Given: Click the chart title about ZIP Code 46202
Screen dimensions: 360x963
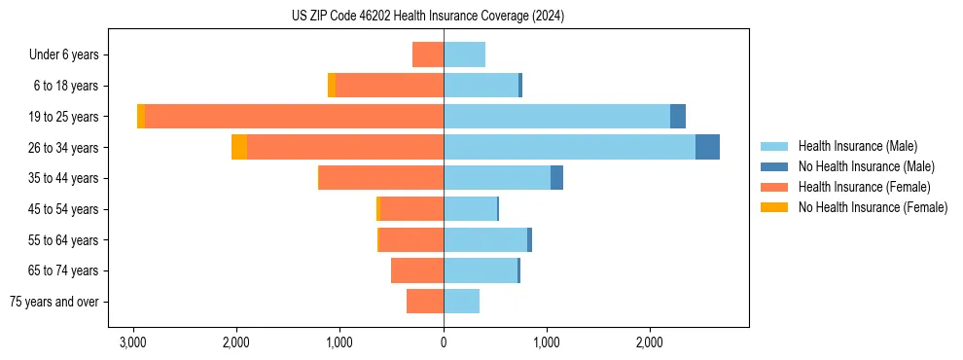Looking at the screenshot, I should coord(427,17).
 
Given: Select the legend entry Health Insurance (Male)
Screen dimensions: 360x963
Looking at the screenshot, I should coord(857,146).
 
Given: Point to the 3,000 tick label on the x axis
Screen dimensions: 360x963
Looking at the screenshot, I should coord(133,342).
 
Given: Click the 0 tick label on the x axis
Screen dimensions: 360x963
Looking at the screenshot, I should coord(444,342).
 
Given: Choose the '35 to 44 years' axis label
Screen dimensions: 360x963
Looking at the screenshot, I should coord(64,178).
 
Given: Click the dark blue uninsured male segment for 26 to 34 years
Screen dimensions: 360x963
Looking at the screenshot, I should coord(707,147).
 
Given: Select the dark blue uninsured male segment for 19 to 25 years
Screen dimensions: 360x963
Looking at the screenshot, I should coord(678,117).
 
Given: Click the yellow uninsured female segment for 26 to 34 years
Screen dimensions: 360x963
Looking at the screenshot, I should coord(239,147).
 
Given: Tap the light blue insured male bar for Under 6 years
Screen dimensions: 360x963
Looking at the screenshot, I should coord(464,54).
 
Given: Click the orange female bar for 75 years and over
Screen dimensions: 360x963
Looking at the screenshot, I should coord(425,302).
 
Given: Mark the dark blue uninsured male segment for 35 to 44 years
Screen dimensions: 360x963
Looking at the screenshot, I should coord(556,178).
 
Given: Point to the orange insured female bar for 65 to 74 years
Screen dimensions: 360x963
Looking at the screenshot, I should coord(417,270).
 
